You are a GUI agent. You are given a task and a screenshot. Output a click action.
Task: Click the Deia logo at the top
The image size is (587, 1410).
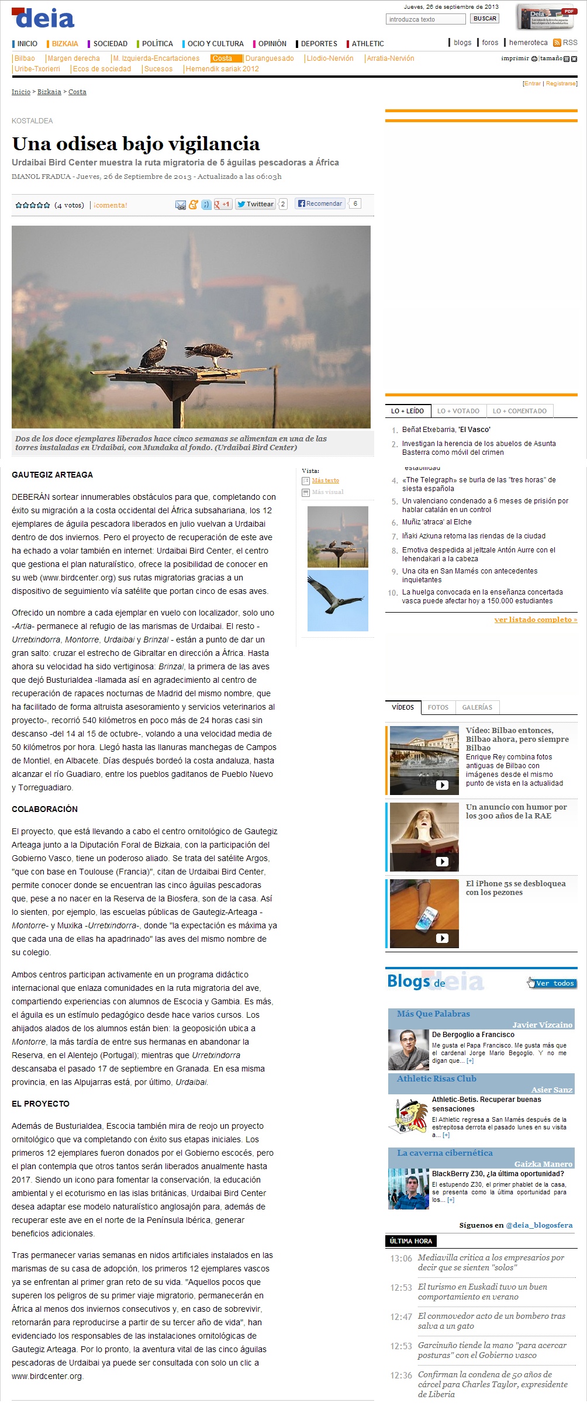tap(43, 18)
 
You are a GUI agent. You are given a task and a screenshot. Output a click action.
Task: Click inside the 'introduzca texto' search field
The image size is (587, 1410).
tap(425, 19)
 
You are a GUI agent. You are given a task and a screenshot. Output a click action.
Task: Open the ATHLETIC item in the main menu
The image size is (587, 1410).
tap(368, 44)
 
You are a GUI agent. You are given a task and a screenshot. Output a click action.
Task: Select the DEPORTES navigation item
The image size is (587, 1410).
tap(319, 44)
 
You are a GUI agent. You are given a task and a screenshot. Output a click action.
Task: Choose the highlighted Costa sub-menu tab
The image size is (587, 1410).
tap(223, 58)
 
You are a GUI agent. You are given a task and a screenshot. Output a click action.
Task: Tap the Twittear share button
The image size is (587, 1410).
tap(255, 204)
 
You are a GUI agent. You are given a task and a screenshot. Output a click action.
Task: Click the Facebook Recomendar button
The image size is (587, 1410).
tap(320, 203)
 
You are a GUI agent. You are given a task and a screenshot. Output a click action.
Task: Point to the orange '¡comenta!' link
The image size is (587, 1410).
tap(111, 205)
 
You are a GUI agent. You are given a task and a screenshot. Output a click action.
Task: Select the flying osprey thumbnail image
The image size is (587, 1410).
tap(337, 600)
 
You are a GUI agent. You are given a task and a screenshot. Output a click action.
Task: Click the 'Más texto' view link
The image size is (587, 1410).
tap(325, 481)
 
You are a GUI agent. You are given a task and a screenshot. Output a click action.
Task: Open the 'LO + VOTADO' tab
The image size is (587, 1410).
tap(458, 411)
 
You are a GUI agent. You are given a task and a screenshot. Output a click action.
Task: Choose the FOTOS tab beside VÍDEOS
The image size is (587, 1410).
tap(438, 707)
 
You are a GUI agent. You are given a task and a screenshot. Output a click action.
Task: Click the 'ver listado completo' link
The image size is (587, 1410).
tap(536, 620)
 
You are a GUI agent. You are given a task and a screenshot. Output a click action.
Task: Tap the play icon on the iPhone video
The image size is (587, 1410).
tap(442, 938)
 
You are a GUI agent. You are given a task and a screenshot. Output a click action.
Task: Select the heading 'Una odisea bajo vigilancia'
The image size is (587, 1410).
tap(136, 144)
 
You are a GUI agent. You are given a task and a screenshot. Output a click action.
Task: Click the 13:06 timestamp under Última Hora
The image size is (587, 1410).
tap(401, 1258)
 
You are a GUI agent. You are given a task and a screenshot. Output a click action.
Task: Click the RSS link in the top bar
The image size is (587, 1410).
tap(569, 43)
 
